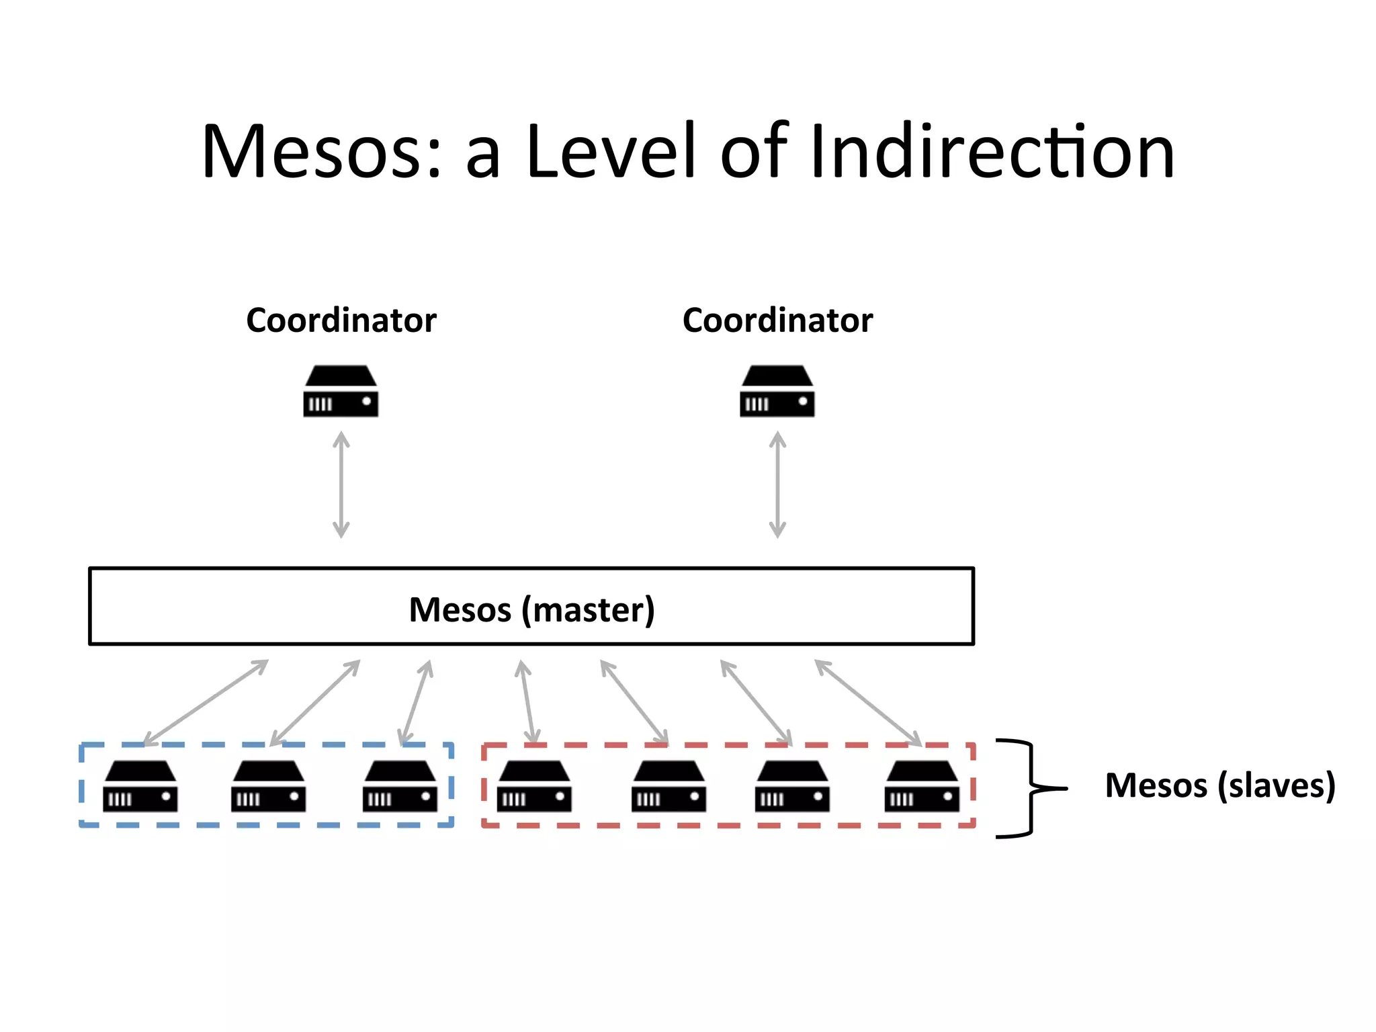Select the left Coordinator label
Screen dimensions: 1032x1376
[x=341, y=320]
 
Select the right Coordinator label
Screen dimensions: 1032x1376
[x=777, y=320]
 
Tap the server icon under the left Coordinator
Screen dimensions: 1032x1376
[x=341, y=391]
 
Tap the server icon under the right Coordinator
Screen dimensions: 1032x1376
[x=777, y=391]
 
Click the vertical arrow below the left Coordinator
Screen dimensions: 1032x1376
[x=341, y=484]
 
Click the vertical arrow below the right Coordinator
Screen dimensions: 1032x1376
[x=777, y=484]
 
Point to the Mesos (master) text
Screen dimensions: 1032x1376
[x=531, y=610]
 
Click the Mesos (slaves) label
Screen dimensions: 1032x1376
[x=1219, y=785]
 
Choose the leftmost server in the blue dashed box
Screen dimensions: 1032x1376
[x=140, y=786]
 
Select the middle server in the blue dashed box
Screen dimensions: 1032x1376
[x=269, y=786]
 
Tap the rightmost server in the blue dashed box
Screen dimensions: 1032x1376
[x=400, y=786]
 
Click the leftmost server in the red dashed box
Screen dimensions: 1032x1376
[x=534, y=786]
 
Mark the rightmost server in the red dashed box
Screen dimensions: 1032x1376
[x=922, y=786]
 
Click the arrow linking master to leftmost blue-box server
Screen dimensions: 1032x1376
[x=206, y=703]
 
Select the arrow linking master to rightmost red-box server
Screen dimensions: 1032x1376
[x=868, y=703]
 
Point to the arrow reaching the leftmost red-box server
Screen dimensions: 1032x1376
[x=527, y=702]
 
